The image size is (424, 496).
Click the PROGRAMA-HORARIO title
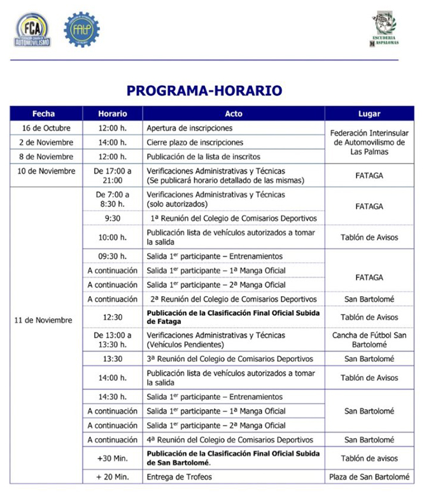pos(204,90)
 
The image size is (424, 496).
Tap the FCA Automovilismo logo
pos(32,29)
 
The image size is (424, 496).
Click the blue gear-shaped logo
pos(81,29)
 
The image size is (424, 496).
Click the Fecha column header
pos(43,114)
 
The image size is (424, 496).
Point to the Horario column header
pos(112,114)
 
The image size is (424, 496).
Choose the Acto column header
pos(233,114)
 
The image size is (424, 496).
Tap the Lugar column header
pos(369,114)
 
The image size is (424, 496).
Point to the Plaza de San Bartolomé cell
pos(370,477)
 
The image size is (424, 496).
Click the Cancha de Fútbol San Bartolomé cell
pos(370,339)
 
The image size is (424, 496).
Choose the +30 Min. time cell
pos(112,458)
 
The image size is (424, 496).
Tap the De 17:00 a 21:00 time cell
pos(112,175)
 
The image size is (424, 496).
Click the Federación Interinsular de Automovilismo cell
pos(370,143)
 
